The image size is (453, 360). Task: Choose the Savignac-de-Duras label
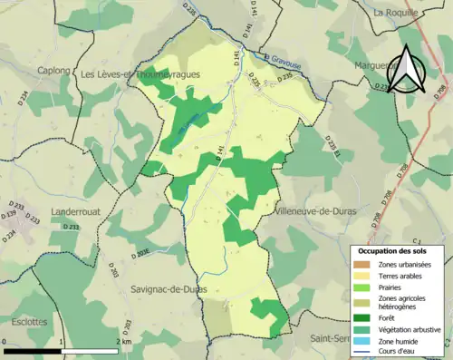pos(169,288)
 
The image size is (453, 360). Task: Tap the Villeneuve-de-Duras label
pos(313,209)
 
